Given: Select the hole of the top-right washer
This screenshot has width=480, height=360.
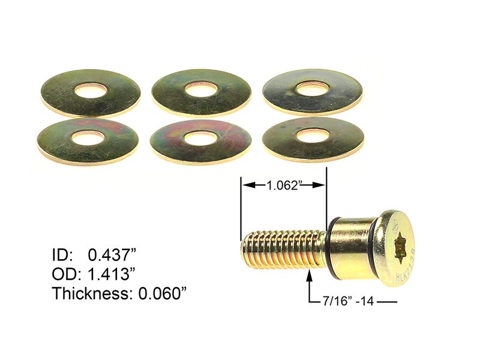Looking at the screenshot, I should pos(312,88).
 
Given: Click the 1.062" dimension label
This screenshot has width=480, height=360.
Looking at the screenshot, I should pos(283,186).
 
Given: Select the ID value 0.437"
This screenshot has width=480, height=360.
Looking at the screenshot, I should pos(111,255).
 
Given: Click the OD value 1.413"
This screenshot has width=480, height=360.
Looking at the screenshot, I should pos(112,274).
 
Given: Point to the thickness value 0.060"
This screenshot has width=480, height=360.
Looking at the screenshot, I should pos(160,294).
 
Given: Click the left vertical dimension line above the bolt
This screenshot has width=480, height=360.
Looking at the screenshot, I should pos(241,204).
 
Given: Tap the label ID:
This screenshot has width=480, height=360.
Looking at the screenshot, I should pos(62,255).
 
